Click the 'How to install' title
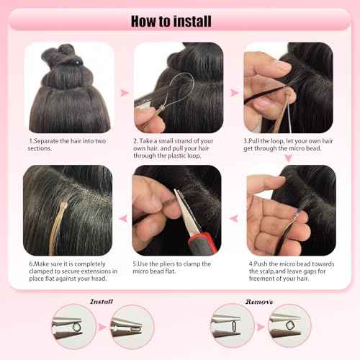(x=180, y=19)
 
